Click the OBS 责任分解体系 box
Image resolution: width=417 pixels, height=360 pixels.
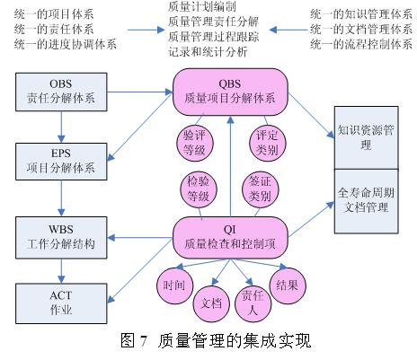tap(61, 92)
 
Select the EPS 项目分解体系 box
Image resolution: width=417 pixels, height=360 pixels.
tap(61, 162)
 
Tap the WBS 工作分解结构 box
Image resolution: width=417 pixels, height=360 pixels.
tap(61, 238)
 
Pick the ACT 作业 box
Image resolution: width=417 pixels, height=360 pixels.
tap(61, 303)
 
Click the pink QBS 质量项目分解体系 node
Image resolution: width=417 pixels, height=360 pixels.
tap(230, 92)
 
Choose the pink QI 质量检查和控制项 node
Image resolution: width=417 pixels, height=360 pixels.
tap(230, 238)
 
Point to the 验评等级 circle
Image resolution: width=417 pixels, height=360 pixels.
tap(195, 143)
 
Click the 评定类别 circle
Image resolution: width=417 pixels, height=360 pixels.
tap(267, 143)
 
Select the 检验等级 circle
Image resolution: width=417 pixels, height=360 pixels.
tap(199, 189)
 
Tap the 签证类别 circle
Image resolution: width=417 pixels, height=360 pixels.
tap(260, 189)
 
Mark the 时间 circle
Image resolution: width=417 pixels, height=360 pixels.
tap(174, 285)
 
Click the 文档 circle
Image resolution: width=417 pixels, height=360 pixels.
tap(211, 303)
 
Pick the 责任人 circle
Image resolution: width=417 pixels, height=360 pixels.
tap(253, 303)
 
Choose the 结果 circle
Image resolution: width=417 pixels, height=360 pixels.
tap(288, 285)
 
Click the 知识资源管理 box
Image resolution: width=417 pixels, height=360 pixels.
tap(366, 137)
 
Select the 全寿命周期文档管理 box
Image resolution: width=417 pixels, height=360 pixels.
tap(366, 201)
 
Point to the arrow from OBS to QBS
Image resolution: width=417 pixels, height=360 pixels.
tap(140, 92)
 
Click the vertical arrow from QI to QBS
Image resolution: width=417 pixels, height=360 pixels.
tap(230, 166)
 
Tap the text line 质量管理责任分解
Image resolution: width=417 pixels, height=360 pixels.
tap(213, 22)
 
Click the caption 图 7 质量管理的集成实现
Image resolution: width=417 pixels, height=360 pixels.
tap(216, 340)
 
